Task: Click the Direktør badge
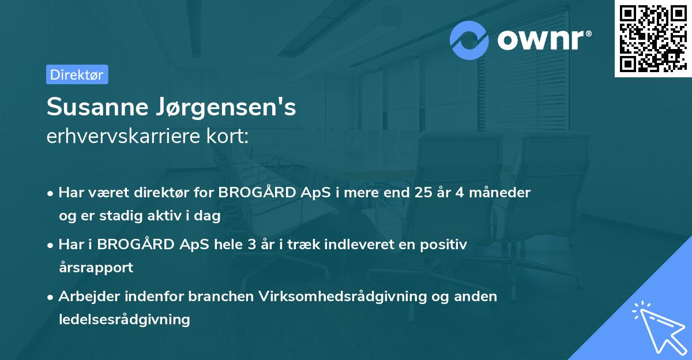pos(77,74)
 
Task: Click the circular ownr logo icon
pos(469,40)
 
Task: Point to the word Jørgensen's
pos(227,108)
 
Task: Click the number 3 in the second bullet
pos(251,245)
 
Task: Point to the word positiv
pos(443,245)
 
